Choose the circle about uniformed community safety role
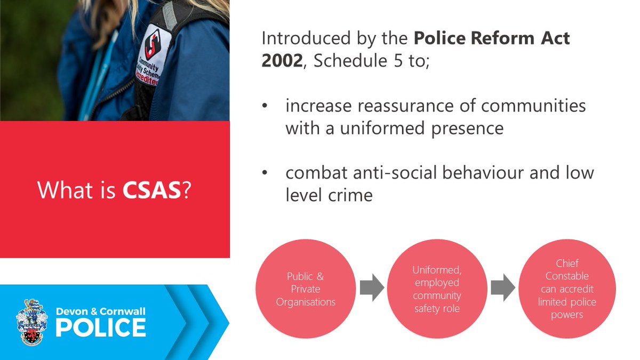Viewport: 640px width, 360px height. coord(437,289)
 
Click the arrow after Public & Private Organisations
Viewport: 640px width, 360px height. coord(372,289)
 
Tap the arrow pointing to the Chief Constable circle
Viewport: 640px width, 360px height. coord(503,289)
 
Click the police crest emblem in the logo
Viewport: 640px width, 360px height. coord(32,323)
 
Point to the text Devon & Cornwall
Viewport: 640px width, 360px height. coord(100,311)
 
